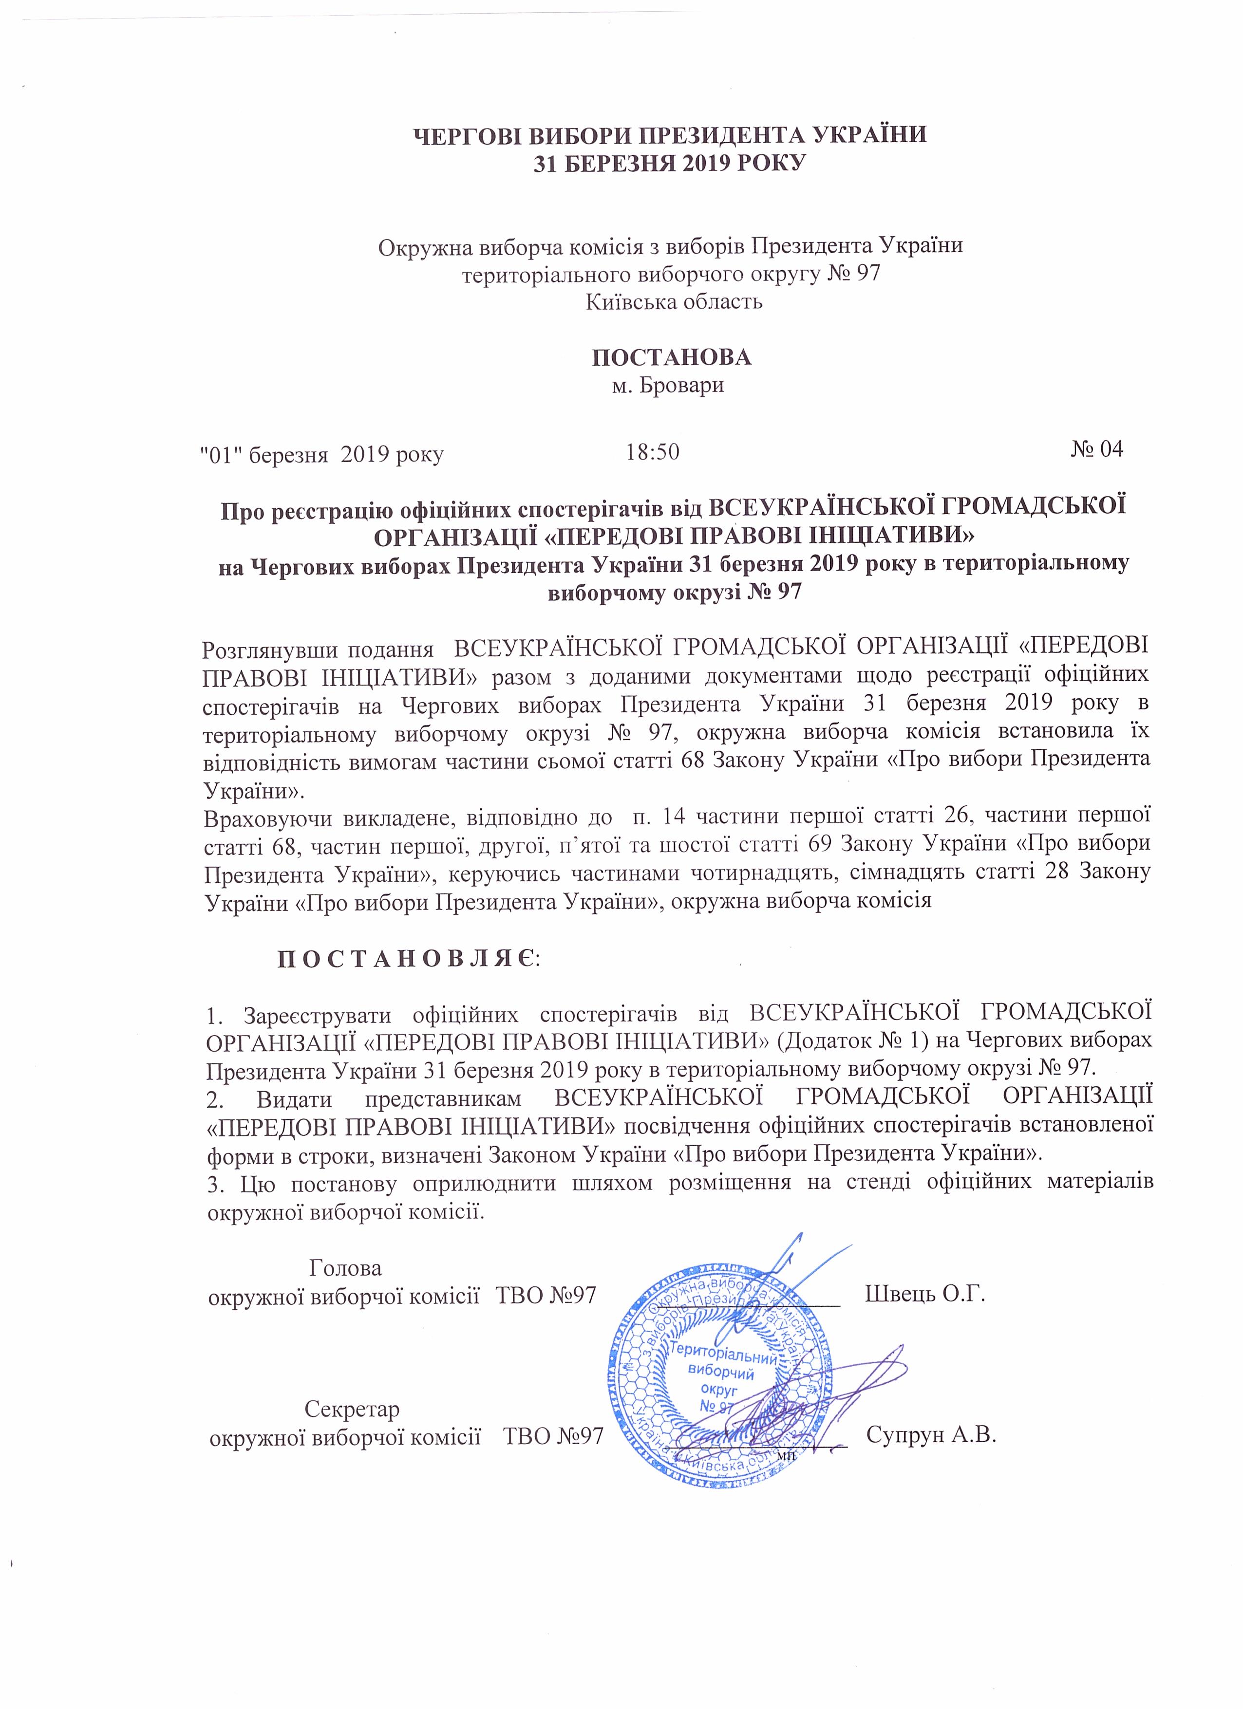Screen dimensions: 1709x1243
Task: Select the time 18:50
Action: pyautogui.click(x=653, y=452)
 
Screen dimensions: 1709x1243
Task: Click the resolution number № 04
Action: pyautogui.click(x=1097, y=450)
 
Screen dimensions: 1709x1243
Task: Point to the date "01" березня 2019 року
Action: pyautogui.click(x=321, y=454)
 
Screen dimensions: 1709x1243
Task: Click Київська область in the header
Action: pyautogui.click(x=674, y=302)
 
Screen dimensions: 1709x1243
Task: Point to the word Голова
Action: pyautogui.click(x=346, y=1268)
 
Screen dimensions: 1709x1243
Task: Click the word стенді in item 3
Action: pyautogui.click(x=864, y=1181)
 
